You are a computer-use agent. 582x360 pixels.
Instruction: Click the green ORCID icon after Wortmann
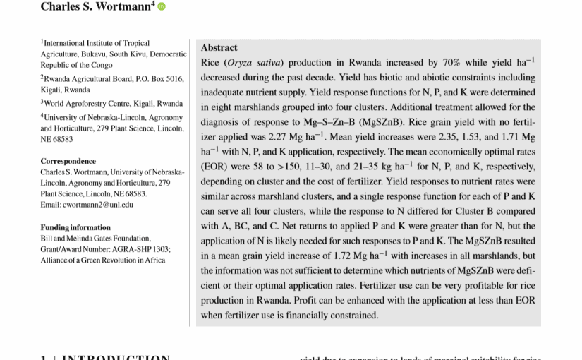coord(161,7)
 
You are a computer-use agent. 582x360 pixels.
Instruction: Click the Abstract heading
coord(219,48)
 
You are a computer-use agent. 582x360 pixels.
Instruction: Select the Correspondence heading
coord(68,161)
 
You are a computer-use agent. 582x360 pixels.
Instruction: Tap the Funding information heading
coord(75,227)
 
